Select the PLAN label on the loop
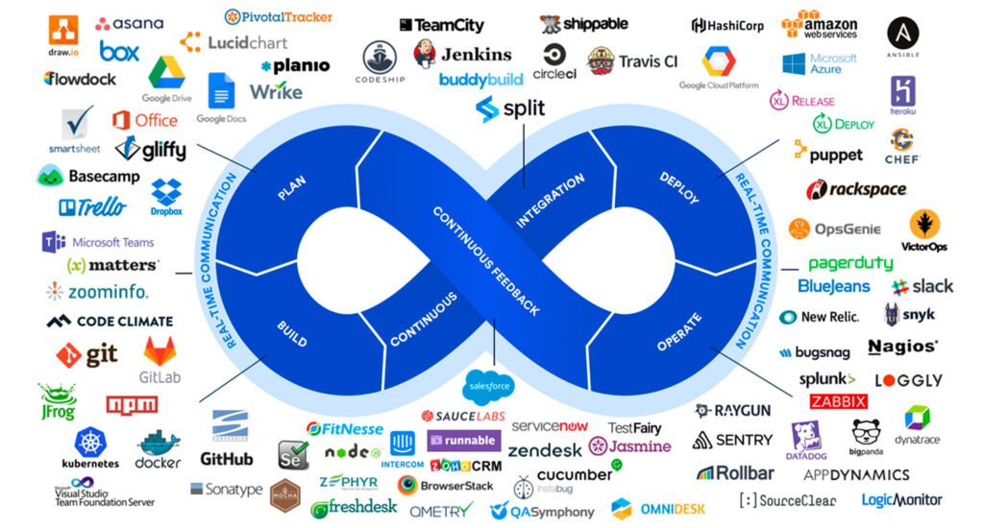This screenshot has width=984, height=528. [291, 189]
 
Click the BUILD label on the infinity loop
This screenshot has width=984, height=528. [291, 328]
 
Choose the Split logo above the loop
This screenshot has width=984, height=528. [510, 108]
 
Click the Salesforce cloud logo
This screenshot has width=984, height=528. [488, 386]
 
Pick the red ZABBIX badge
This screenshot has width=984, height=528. [838, 401]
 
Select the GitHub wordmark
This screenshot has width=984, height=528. [227, 459]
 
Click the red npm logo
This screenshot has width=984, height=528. [132, 404]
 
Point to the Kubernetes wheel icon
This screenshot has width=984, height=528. [90, 443]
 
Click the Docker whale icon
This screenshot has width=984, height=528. [159, 444]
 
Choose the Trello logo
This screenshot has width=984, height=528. [92, 206]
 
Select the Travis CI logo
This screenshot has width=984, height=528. [632, 61]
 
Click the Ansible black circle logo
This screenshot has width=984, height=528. [902, 35]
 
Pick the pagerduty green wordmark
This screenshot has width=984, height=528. [850, 263]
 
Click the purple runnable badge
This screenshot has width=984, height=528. [462, 441]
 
